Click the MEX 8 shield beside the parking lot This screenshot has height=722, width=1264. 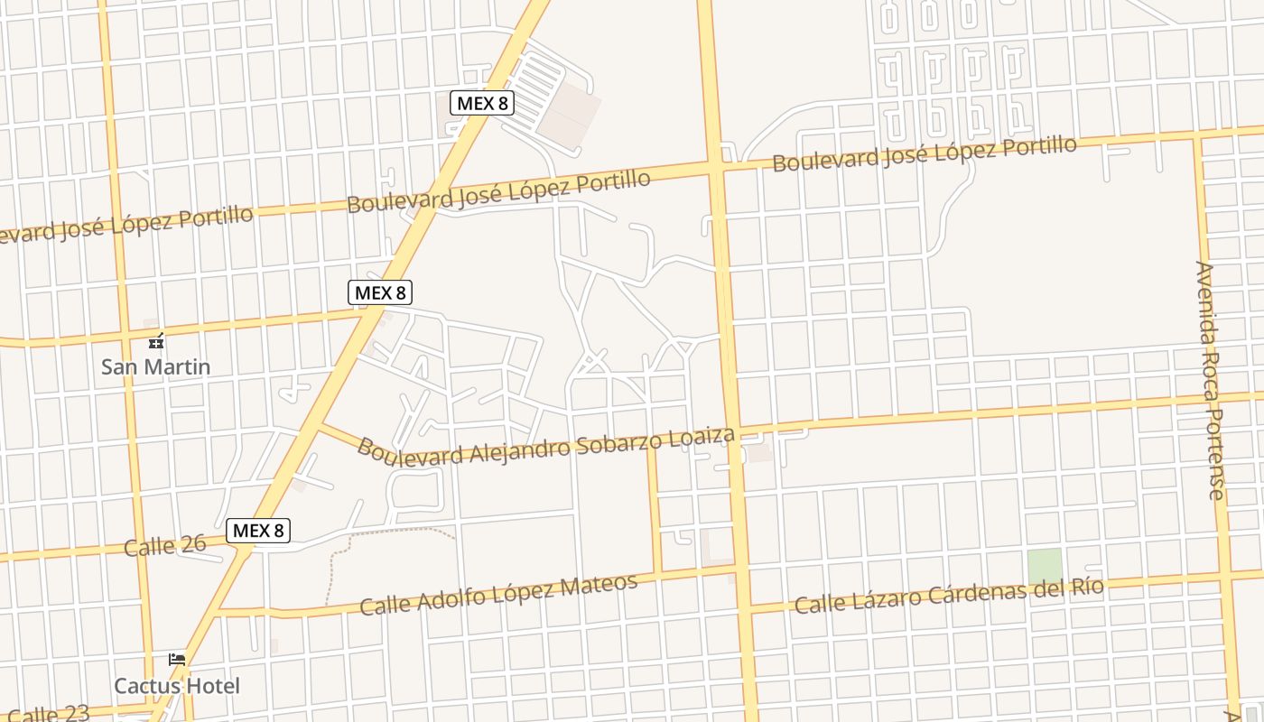point(482,103)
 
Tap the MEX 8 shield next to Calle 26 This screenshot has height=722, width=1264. point(258,531)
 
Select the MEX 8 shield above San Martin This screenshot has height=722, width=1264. point(380,292)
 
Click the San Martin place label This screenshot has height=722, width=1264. point(155,366)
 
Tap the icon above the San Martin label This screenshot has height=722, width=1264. point(156,341)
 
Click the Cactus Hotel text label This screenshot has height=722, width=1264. point(177,686)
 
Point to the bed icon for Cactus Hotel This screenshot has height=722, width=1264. point(177,660)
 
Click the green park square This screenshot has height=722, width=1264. point(1044,566)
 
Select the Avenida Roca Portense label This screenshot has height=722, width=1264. point(1210,379)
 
